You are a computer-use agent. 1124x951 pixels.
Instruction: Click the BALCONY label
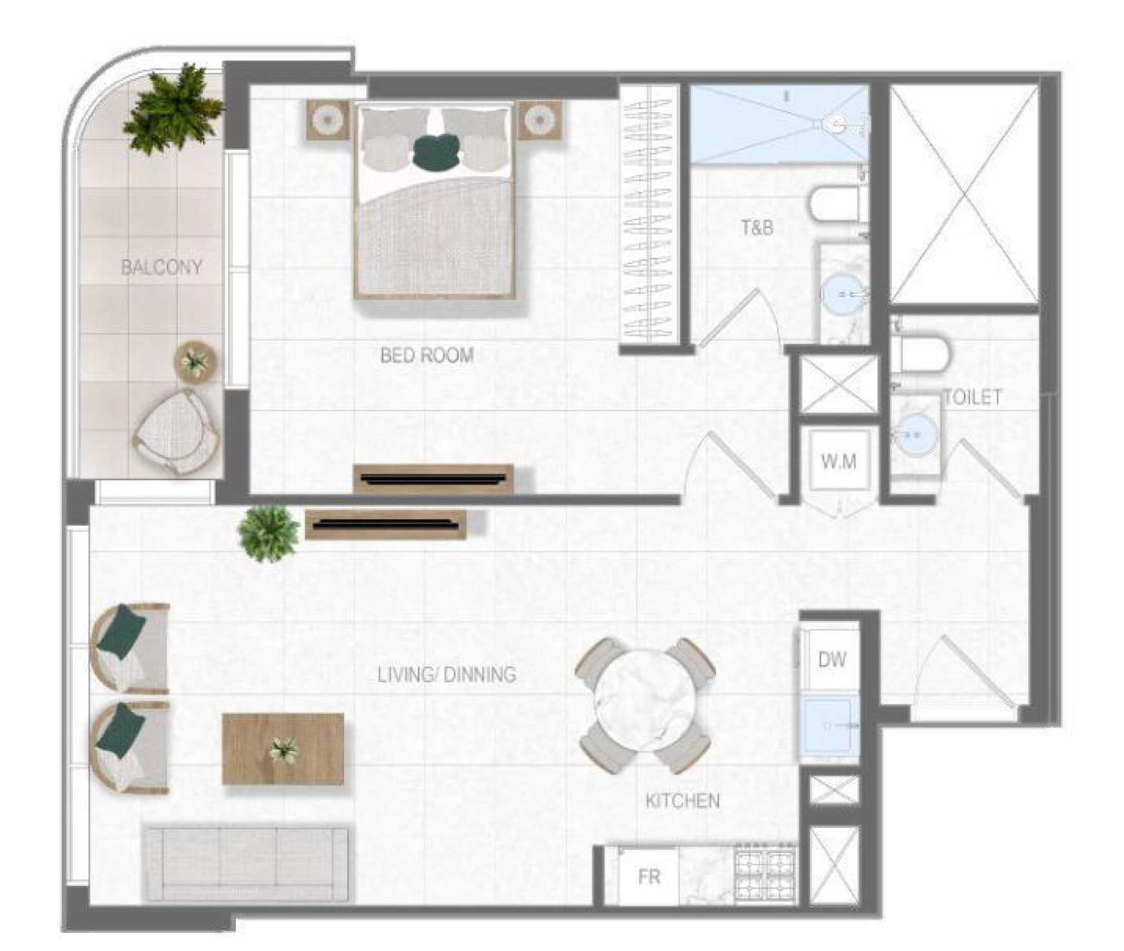162,267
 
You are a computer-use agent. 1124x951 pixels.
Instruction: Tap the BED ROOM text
427,355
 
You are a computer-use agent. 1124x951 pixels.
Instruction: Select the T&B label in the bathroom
757,227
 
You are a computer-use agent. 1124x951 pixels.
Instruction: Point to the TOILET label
973,397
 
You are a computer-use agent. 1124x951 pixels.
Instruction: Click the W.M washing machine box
838,461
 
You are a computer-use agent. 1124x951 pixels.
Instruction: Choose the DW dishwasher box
831,660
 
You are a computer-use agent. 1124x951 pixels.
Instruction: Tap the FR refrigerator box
649,876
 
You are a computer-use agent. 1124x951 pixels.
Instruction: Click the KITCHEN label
683,801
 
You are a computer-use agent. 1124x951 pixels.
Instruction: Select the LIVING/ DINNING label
447,675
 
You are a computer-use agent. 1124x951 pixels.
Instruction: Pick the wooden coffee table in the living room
283,749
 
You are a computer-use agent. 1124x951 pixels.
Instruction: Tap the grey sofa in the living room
247,864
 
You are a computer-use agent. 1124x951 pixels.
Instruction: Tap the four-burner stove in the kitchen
765,873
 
